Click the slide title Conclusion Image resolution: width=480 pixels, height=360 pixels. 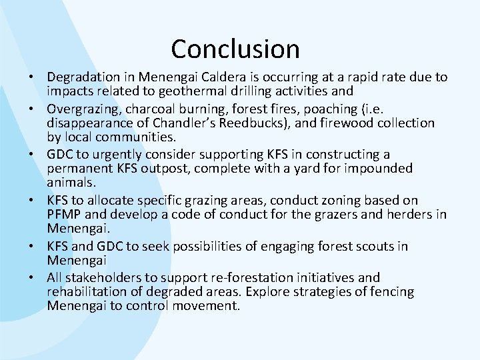pyautogui.click(x=235, y=49)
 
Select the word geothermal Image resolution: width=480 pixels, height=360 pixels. pyautogui.click(x=201, y=92)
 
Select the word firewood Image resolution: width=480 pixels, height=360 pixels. pyautogui.click(x=361, y=123)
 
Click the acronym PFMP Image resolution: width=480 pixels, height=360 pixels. pyautogui.click(x=65, y=215)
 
